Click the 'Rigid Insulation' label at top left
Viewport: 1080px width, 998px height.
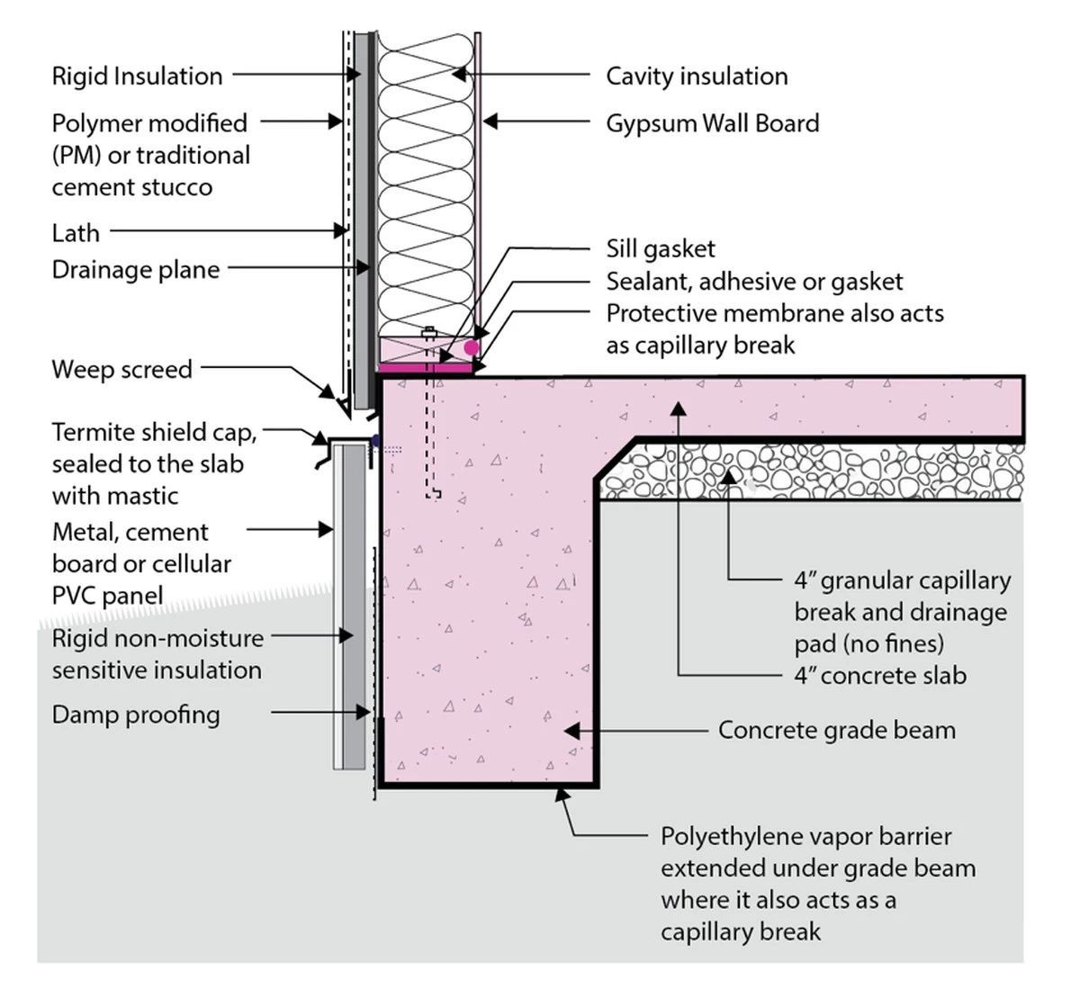(x=137, y=76)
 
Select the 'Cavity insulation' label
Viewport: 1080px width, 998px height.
(x=697, y=76)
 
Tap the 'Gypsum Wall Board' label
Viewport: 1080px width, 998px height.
(x=712, y=123)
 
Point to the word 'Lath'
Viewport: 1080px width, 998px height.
(x=76, y=233)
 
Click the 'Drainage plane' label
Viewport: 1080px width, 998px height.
(x=136, y=270)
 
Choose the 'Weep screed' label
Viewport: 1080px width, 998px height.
(x=121, y=369)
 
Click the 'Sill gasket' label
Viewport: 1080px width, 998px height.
(x=661, y=249)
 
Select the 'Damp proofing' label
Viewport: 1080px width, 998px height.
(x=136, y=715)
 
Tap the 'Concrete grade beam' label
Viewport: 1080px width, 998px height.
(x=836, y=730)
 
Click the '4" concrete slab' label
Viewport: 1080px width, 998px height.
(x=879, y=675)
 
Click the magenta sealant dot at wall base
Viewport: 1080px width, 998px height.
(x=471, y=347)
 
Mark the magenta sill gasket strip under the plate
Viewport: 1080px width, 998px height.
(x=425, y=367)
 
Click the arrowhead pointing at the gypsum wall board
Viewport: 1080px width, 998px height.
(x=489, y=121)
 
